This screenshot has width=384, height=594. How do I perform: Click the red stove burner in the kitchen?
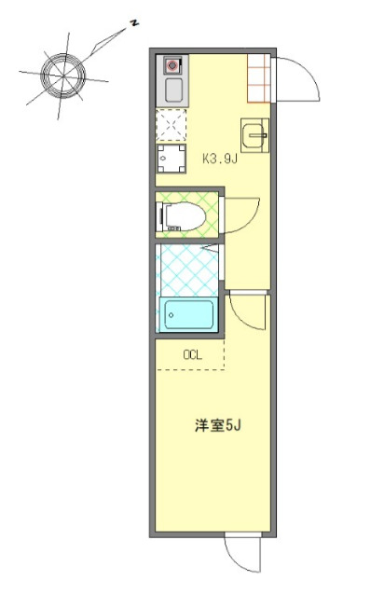tap(172, 66)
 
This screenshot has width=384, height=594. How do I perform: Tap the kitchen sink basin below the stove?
tap(172, 90)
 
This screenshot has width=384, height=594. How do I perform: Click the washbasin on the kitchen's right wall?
tap(254, 136)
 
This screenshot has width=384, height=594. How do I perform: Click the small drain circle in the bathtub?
tap(171, 315)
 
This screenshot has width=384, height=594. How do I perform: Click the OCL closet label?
tap(192, 354)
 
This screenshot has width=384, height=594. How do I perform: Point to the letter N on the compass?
tap(135, 21)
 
